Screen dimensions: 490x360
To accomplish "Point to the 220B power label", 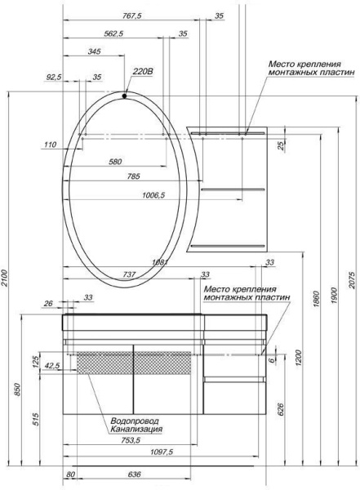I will (x=143, y=72).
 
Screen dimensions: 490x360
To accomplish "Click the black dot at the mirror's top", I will (x=124, y=96).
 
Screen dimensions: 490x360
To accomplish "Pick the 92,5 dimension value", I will (x=54, y=78).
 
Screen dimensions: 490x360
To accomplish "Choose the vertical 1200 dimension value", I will (x=300, y=356).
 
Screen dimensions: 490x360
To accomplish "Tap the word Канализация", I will (x=136, y=429).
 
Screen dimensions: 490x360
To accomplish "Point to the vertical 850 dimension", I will (x=18, y=391).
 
